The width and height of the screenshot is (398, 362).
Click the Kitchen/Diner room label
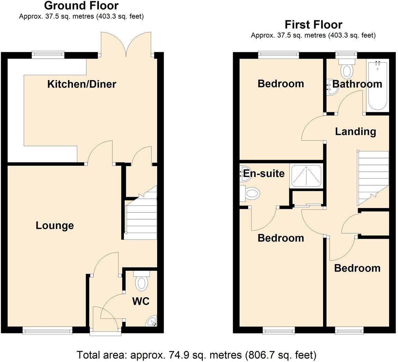[82, 84]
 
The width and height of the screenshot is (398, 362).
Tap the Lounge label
[55, 226]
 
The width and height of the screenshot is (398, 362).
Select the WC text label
[141, 301]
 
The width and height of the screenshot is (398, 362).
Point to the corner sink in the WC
[152, 322]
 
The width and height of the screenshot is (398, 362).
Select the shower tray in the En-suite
[306, 176]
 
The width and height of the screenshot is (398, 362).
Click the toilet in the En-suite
[251, 193]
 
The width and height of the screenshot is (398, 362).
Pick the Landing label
[356, 131]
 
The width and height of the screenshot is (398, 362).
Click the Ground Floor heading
[81, 6]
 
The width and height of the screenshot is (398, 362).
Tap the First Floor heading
[313, 25]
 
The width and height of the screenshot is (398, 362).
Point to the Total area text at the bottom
[196, 355]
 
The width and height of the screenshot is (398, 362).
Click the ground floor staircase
[140, 219]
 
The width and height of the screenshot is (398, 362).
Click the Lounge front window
[48, 331]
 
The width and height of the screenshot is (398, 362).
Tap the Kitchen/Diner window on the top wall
[48, 54]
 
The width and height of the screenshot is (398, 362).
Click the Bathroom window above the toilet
[347, 54]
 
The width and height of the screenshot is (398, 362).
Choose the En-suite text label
[264, 173]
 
